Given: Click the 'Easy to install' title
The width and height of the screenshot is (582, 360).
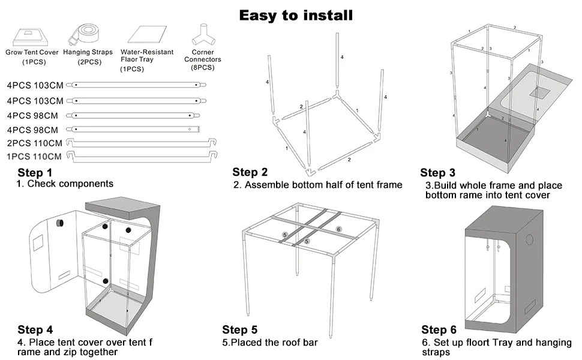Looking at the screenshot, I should point(296,15).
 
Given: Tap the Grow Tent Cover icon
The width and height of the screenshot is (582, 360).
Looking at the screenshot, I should point(32,35).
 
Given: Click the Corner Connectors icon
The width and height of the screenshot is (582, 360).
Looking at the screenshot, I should point(202,35).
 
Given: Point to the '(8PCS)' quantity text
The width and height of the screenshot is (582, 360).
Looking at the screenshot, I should point(202,67).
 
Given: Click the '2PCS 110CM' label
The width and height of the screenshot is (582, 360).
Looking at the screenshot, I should point(34,143).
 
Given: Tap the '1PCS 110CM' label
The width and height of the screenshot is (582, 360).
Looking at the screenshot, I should point(34,157).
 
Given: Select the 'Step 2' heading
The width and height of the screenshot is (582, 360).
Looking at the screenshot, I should point(250,173).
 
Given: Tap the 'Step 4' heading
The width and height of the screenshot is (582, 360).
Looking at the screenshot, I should point(35,329).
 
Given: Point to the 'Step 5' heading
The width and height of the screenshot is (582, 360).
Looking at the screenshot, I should point(240,329).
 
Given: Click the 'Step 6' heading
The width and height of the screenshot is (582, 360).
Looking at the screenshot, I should point(439,329).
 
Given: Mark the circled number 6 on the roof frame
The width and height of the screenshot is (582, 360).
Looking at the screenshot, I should point(338,229).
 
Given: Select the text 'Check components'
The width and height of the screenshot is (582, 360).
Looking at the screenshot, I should point(70,184).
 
